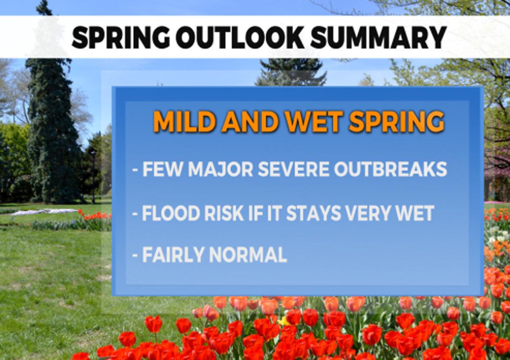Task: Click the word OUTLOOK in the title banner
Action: pos(240,37)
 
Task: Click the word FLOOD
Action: pos(168,213)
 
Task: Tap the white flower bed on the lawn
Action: pos(45,212)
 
